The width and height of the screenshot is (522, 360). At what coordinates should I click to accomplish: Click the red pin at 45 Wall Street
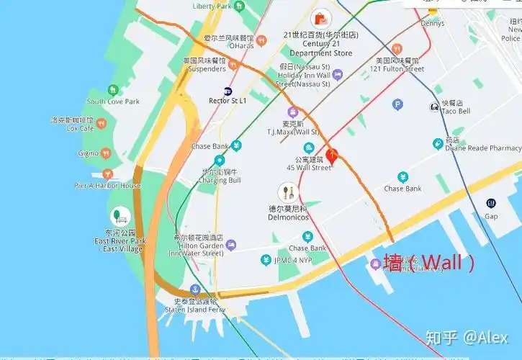(x=331, y=156)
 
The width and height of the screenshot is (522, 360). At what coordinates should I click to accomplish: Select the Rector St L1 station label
(x=228, y=101)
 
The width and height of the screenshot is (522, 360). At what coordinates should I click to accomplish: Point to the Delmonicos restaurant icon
(x=288, y=192)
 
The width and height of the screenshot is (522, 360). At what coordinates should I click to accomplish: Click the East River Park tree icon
(x=118, y=216)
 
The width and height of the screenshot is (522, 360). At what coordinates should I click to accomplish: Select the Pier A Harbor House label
(x=108, y=185)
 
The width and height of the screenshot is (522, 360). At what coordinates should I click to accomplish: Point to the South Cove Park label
(x=113, y=102)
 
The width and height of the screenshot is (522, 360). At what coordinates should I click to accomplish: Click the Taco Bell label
(x=455, y=112)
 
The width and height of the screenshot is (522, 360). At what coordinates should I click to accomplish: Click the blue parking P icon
(x=397, y=104)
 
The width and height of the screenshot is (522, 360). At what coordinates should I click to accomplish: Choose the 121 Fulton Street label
(x=396, y=69)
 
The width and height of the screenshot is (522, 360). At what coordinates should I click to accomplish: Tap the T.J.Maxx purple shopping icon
(x=293, y=112)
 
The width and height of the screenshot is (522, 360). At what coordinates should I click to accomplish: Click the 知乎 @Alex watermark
(x=467, y=337)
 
